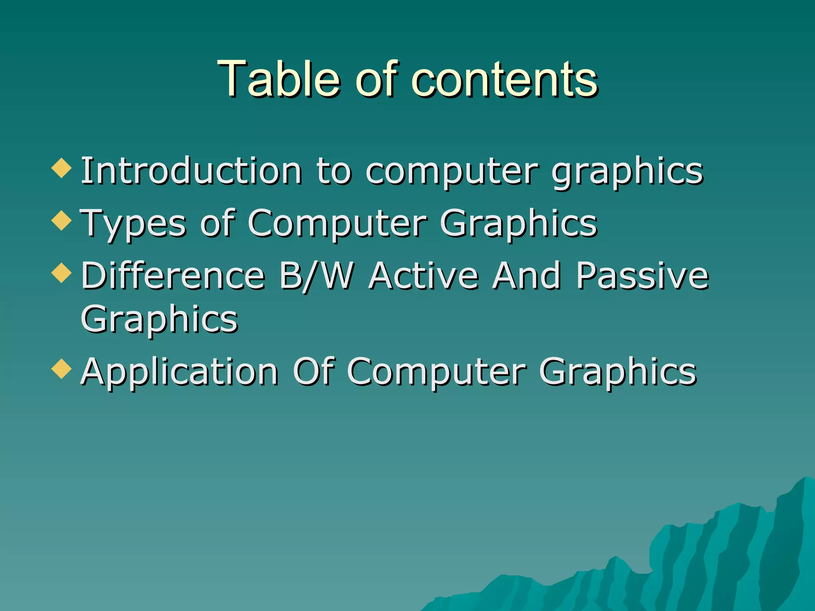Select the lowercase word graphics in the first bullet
click(628, 172)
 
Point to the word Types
click(133, 224)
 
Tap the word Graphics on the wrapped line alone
click(159, 319)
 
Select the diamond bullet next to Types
click(62, 220)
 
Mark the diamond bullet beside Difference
click(62, 273)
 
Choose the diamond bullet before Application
click(62, 368)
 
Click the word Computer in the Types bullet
click(337, 224)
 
